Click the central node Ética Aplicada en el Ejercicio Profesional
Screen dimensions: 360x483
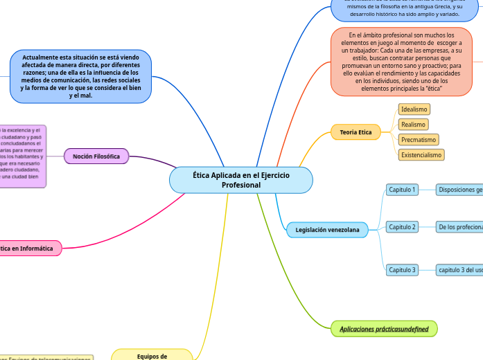pos(240,180)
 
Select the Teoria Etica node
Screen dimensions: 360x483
pos(355,132)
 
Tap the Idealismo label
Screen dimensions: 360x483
pos(414,109)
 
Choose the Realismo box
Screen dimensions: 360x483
pos(413,125)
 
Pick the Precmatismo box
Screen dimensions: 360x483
pos(418,140)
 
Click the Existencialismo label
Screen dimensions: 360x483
pos(421,155)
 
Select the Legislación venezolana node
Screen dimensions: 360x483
pos(327,229)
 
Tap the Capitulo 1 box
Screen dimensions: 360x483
pos(402,190)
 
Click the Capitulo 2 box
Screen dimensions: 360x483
pos(402,227)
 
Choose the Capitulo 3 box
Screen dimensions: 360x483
pos(402,270)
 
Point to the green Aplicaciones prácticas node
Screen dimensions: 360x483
pos(384,329)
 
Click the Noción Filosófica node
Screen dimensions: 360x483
pos(96,157)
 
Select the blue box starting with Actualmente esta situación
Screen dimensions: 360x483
pos(80,76)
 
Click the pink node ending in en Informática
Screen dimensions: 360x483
pos(28,248)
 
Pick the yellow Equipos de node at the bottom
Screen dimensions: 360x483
pos(152,355)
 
